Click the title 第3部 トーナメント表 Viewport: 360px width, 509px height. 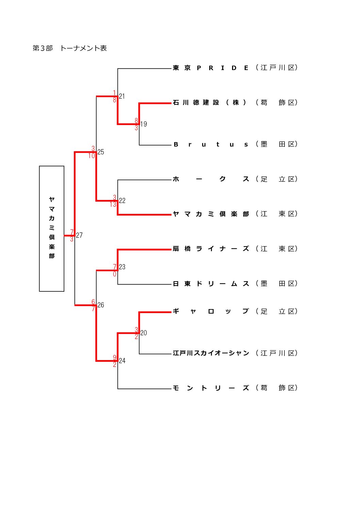coord(70,48)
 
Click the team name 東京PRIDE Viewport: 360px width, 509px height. coord(211,68)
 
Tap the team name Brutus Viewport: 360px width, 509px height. coord(211,145)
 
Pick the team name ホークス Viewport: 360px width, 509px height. coord(211,179)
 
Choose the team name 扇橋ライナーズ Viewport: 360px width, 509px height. coord(211,249)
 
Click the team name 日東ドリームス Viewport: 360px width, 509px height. coord(211,284)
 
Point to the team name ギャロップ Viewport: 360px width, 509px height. coord(211,311)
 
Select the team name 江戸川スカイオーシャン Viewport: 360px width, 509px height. coord(211,353)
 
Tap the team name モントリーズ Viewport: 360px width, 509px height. coord(211,388)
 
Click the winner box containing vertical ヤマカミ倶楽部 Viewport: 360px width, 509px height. coord(52,228)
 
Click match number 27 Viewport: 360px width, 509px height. coord(79,235)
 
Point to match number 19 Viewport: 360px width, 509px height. coord(144,124)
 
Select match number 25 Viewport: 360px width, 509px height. coord(101,152)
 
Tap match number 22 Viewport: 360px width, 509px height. coord(122,201)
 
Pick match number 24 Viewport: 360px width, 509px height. coord(122,361)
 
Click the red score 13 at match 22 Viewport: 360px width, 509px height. coord(113,205)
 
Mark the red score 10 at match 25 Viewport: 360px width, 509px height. coord(92,156)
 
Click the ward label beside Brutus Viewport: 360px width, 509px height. coord(277,145)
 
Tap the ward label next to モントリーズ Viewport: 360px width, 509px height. coord(277,388)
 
